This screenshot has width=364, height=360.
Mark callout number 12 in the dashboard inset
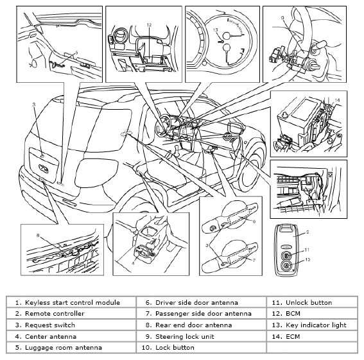(x=149, y=25)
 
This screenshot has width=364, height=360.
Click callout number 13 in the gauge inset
(x=216, y=30)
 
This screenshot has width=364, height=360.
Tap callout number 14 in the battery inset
(x=337, y=100)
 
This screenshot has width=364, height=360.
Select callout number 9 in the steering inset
(x=282, y=18)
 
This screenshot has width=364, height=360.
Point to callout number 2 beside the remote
(x=308, y=232)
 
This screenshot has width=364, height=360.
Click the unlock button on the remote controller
(x=286, y=255)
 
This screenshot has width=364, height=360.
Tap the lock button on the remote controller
(x=286, y=265)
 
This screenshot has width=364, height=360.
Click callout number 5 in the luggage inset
(x=76, y=53)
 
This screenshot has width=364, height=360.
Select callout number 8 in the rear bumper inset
(x=39, y=236)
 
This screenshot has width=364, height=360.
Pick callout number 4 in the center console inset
(x=133, y=263)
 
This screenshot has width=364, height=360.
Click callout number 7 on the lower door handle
(x=254, y=260)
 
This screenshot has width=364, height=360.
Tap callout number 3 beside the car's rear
(x=34, y=105)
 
